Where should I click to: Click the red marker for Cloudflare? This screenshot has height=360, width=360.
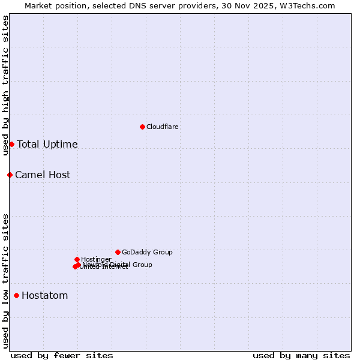[x=142, y=127]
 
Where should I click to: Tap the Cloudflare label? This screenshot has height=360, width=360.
[x=163, y=127]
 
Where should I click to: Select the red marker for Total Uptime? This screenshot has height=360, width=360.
[x=11, y=144]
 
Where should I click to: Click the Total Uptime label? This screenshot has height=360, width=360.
[x=47, y=145]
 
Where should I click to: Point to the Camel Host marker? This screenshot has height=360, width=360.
[x=10, y=175]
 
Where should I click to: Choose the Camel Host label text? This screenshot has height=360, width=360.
[x=43, y=175]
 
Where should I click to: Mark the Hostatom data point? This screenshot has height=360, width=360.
[x=16, y=295]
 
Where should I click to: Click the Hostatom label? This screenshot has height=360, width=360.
[x=45, y=296]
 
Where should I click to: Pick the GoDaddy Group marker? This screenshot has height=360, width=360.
[x=118, y=252]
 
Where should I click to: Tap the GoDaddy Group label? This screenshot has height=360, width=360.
[x=147, y=253]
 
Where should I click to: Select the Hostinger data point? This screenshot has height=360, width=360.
[x=77, y=259]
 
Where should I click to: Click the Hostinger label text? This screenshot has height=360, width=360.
[x=96, y=260]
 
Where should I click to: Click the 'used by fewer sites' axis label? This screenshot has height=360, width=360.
[x=62, y=356]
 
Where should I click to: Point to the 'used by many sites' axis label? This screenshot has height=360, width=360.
[x=301, y=356]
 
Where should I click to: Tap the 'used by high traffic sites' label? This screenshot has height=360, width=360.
[x=5, y=86]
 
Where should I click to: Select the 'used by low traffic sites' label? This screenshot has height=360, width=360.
[x=5, y=281]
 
